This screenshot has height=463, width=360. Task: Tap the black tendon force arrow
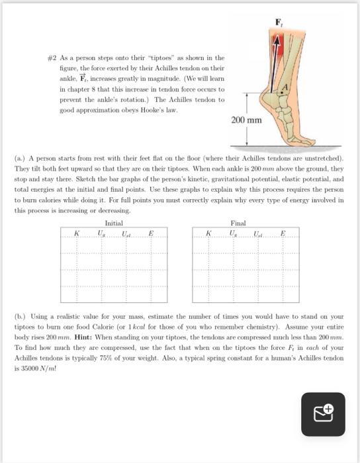(x=274, y=64)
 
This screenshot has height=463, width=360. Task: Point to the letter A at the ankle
(x=285, y=87)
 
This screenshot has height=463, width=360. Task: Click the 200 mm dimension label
(x=246, y=120)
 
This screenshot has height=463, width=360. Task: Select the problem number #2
(x=52, y=58)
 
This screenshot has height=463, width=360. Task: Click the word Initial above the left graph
(x=114, y=223)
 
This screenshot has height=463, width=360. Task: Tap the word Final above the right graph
(x=238, y=223)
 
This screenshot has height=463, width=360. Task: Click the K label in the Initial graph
(x=77, y=233)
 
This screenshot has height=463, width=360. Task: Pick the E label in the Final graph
(x=283, y=233)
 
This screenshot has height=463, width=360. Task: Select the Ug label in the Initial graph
(x=101, y=233)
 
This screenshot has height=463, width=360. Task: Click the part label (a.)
(x=20, y=158)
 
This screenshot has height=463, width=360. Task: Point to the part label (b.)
(x=20, y=317)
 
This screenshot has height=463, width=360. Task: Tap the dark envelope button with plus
(x=323, y=414)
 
